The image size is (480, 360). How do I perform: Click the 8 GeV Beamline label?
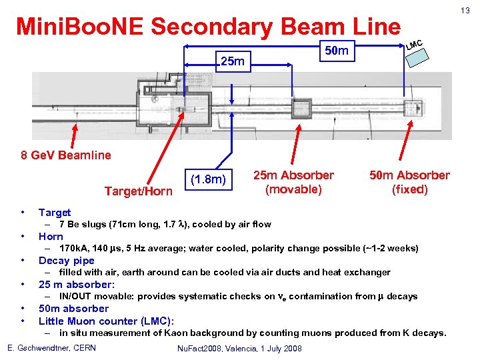pyautogui.click(x=66, y=156)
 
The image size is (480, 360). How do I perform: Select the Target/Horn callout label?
pyautogui.click(x=138, y=191)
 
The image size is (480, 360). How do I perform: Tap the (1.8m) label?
pyautogui.click(x=209, y=179)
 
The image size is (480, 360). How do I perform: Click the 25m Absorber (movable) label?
pyautogui.click(x=293, y=182)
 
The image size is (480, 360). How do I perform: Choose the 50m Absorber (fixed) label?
pyautogui.click(x=409, y=182)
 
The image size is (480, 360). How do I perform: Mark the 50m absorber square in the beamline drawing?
pyautogui.click(x=414, y=108)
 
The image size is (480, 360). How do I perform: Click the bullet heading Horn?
pyautogui.click(x=51, y=236)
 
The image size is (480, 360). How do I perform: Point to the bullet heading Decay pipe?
pyautogui.click(x=66, y=260)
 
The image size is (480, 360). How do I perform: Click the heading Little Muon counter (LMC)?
pyautogui.click(x=106, y=320)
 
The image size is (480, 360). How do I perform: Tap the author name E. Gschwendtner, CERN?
pyautogui.click(x=51, y=348)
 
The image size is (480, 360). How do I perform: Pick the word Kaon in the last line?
pyautogui.click(x=169, y=333)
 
